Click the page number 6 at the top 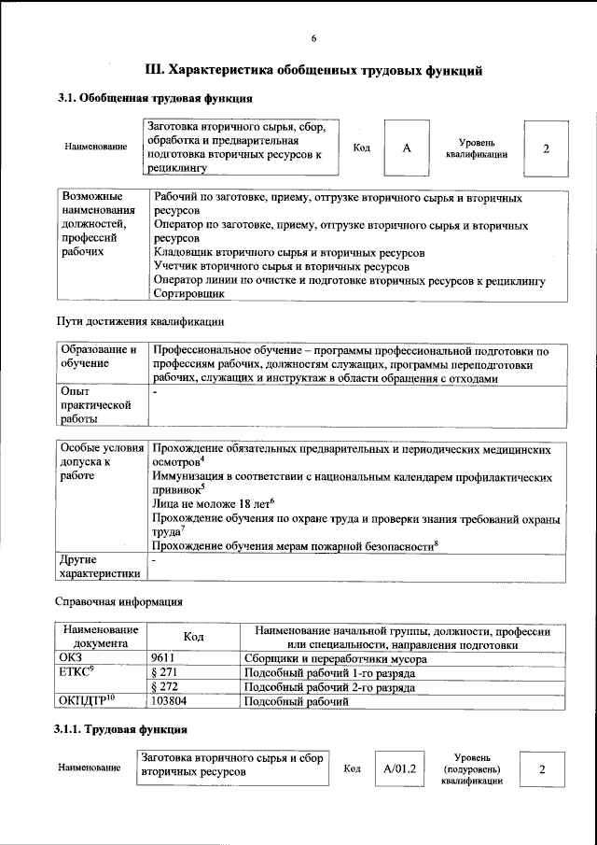(x=313, y=37)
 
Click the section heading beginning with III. (x=313, y=70)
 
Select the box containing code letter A (x=407, y=148)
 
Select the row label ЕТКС (x=77, y=672)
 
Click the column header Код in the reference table (x=193, y=637)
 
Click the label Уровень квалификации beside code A (x=476, y=148)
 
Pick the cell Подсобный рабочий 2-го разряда (x=329, y=686)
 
